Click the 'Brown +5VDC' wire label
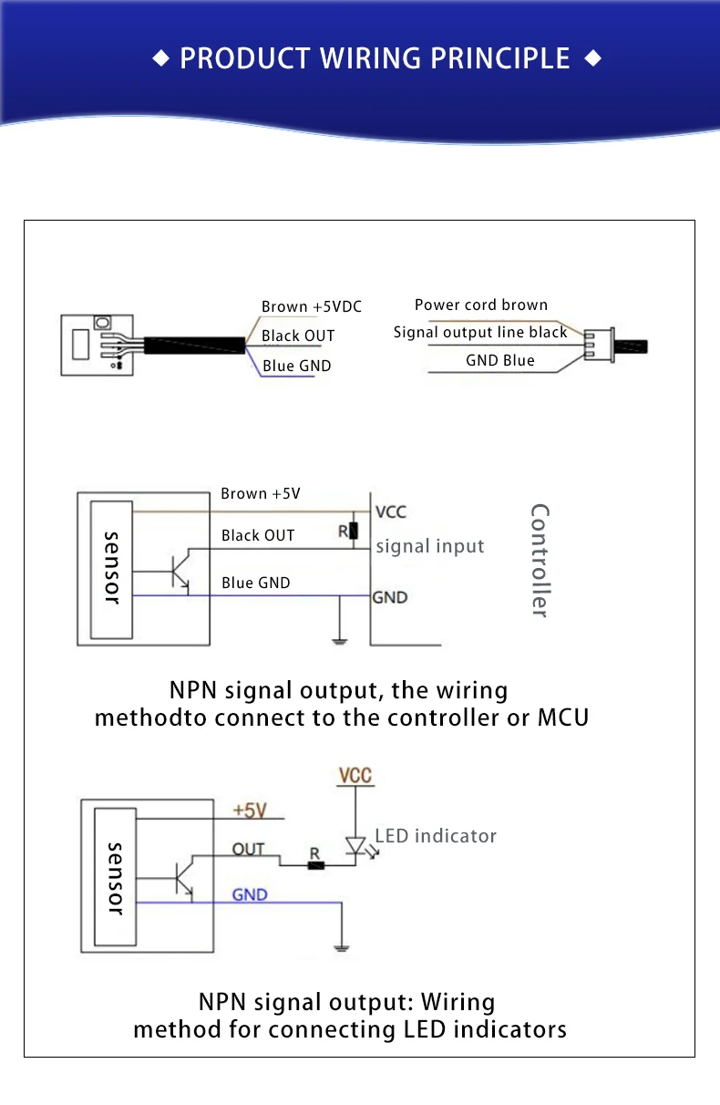click(x=311, y=307)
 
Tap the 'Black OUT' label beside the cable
click(x=298, y=336)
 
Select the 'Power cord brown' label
click(x=480, y=305)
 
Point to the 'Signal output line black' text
click(x=480, y=333)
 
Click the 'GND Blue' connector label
click(x=499, y=361)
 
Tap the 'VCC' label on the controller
click(x=391, y=512)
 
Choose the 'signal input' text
click(x=429, y=547)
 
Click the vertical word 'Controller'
click(x=540, y=560)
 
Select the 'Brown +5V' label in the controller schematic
click(x=260, y=494)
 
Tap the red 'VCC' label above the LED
click(x=355, y=776)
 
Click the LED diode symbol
click(x=355, y=846)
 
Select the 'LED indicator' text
click(x=436, y=836)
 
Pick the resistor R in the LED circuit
click(x=315, y=863)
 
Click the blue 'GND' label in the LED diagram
click(x=250, y=895)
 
